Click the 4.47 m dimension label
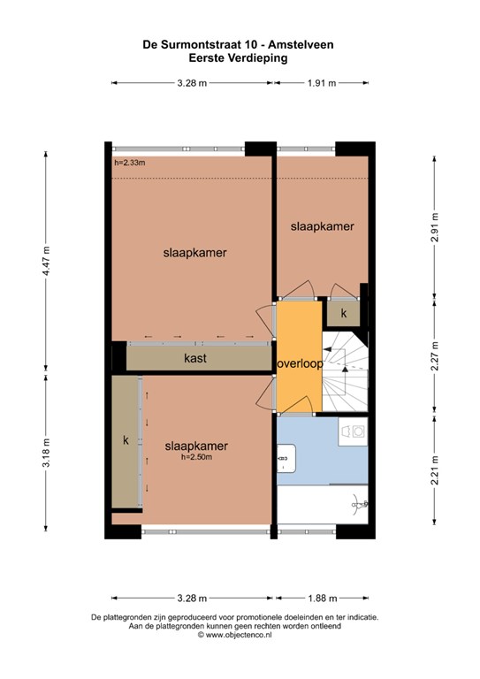pos(47,262)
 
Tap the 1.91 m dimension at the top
pos(322,83)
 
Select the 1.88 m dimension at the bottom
pos(322,599)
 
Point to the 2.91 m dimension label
pos(435,228)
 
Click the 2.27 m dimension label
pos(435,356)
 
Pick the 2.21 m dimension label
pos(435,470)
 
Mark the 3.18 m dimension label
pos(47,453)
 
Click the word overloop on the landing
pos(300,363)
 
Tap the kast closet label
pos(195,358)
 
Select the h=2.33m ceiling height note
pos(130,163)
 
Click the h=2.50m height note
pos(196,457)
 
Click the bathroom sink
pos(286,458)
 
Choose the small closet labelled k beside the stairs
pos(344,313)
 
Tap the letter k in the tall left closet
pos(126,440)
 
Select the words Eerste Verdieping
pos(238,58)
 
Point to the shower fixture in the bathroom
pos(359,505)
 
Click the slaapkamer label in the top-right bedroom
pos(323,226)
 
